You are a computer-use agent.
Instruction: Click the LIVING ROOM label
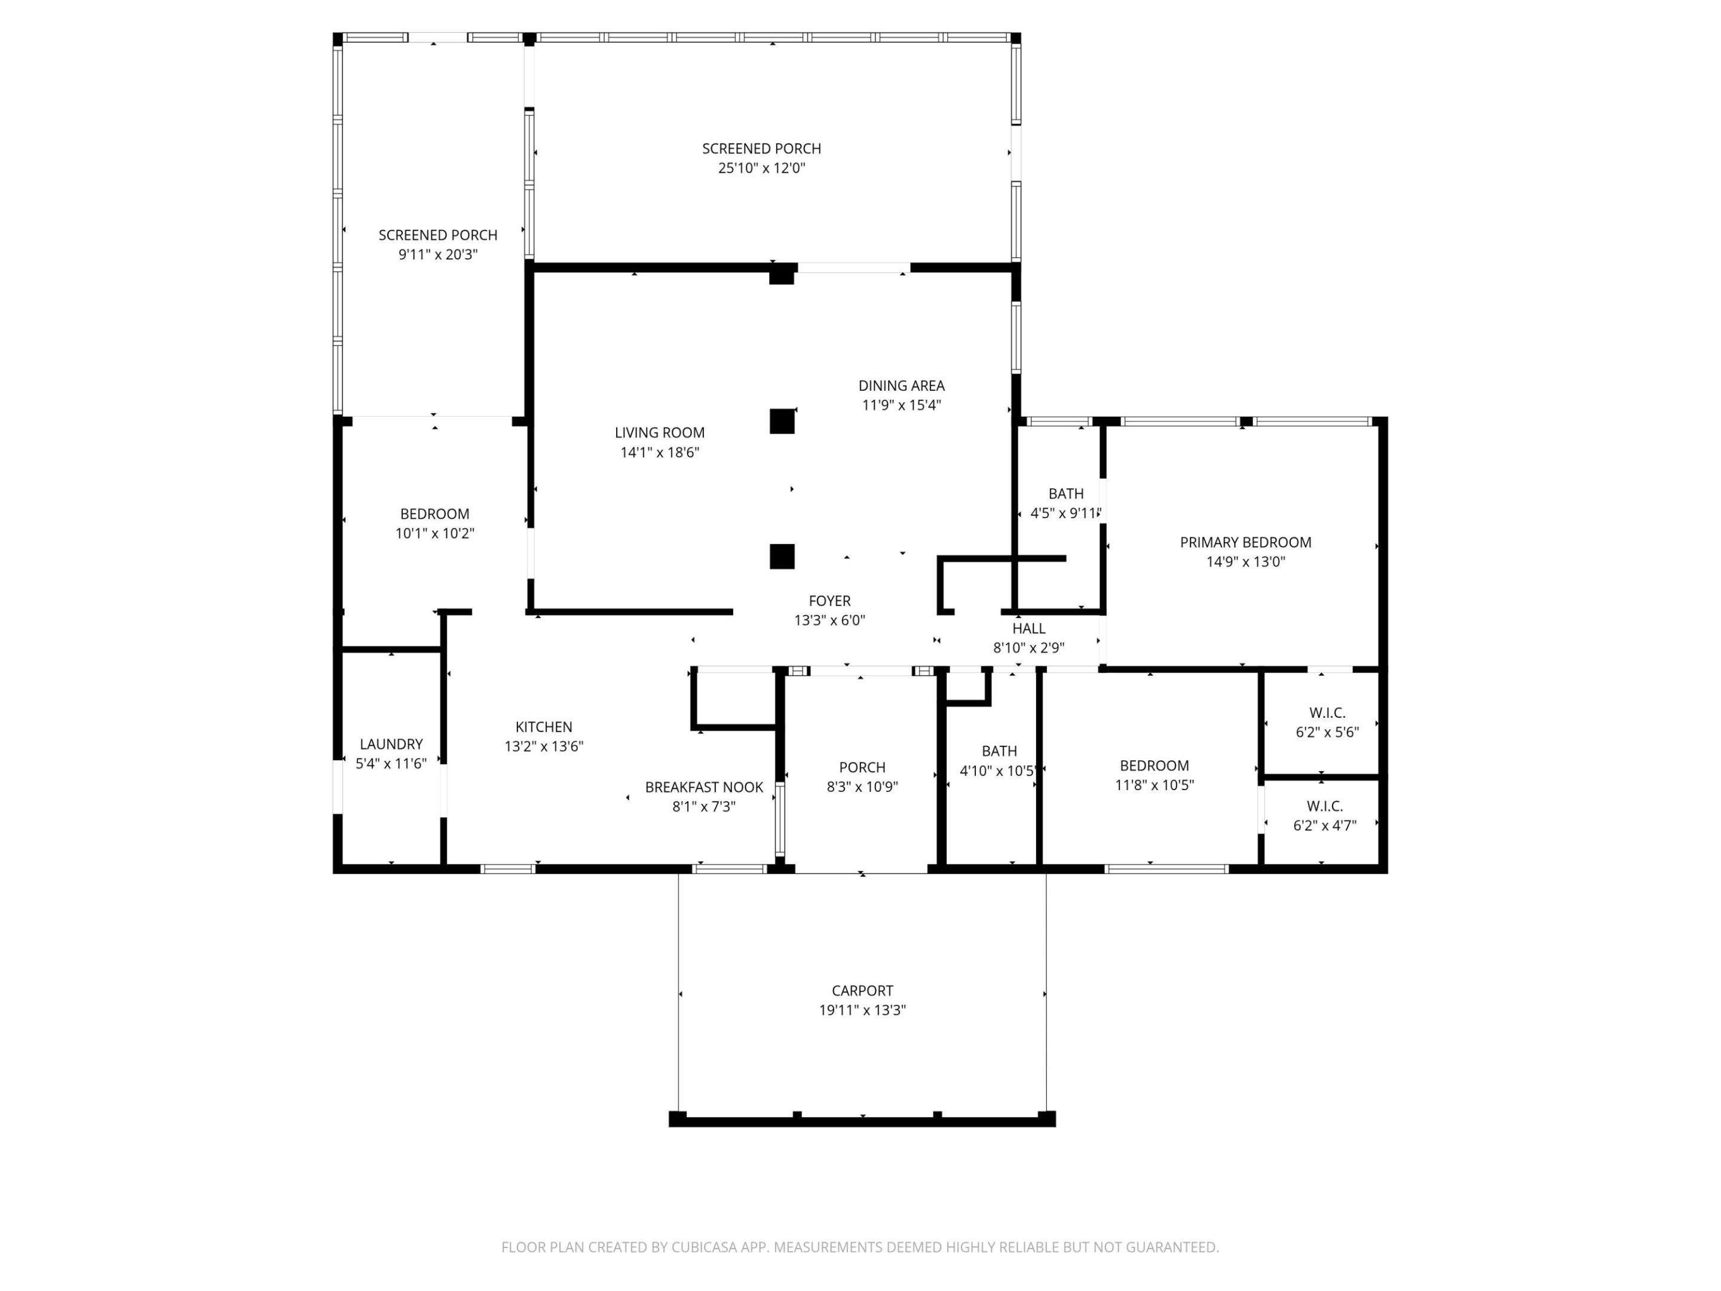[x=659, y=433]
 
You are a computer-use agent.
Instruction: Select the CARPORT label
[x=862, y=990]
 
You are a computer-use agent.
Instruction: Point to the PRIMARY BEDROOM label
[x=1245, y=542]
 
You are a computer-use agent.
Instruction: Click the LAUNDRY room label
[x=391, y=744]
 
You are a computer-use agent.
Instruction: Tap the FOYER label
[x=829, y=601]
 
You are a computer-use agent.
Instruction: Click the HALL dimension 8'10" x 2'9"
[x=1028, y=647]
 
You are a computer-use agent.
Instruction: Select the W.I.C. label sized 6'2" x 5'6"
[x=1327, y=713]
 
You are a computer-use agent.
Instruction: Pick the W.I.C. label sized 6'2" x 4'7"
[x=1324, y=806]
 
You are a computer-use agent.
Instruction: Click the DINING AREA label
[x=901, y=385]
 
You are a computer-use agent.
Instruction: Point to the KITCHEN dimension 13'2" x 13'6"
[x=543, y=747]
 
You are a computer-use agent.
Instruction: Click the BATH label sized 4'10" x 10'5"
[x=999, y=751]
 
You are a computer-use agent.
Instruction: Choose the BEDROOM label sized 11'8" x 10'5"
[x=1154, y=766]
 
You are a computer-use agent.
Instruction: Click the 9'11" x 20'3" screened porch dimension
[x=437, y=255]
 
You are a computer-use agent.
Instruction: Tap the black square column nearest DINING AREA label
[x=782, y=421]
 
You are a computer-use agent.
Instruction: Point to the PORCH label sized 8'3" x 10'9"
[x=862, y=767]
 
